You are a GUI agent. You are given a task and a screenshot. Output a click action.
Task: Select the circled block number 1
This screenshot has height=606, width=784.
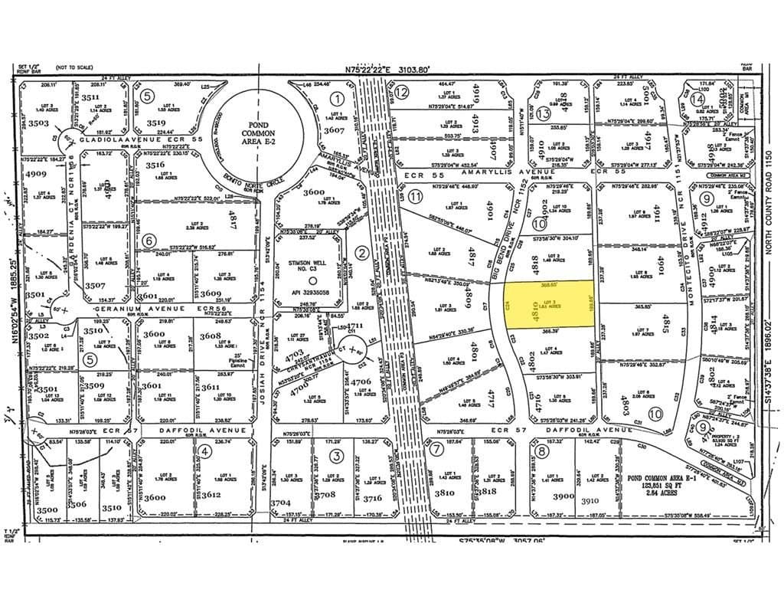[336, 98]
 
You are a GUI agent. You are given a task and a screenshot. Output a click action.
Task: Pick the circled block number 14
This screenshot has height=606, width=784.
[696, 99]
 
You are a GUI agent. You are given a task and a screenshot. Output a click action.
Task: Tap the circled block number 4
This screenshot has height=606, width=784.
[204, 451]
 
